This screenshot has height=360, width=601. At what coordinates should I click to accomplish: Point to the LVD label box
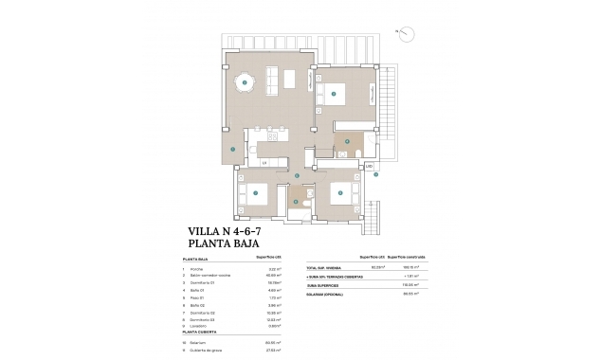click(369, 167)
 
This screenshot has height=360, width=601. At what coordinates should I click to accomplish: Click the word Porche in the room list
click(199, 270)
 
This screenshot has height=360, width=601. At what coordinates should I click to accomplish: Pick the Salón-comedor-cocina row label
click(209, 278)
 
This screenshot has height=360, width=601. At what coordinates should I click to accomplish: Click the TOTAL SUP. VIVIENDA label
click(327, 270)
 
